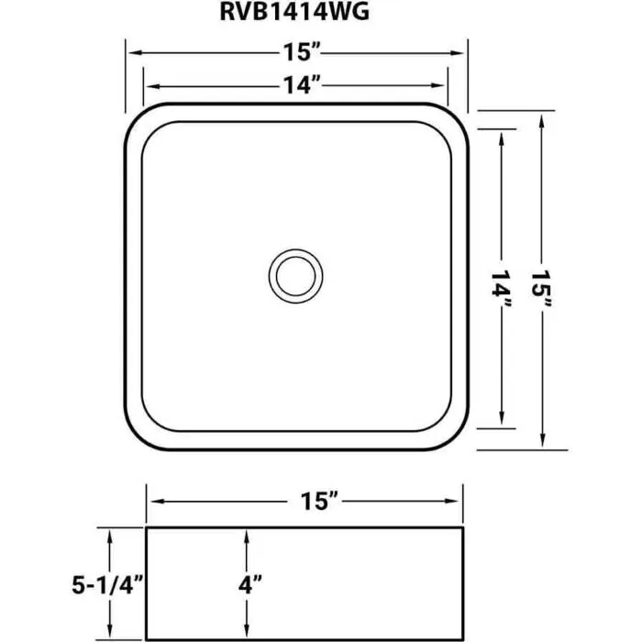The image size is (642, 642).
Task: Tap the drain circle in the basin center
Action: (295, 273)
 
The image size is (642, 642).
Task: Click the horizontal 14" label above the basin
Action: (295, 86)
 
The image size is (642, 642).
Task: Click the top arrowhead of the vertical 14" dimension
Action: (502, 136)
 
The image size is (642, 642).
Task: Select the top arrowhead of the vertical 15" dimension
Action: (544, 116)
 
